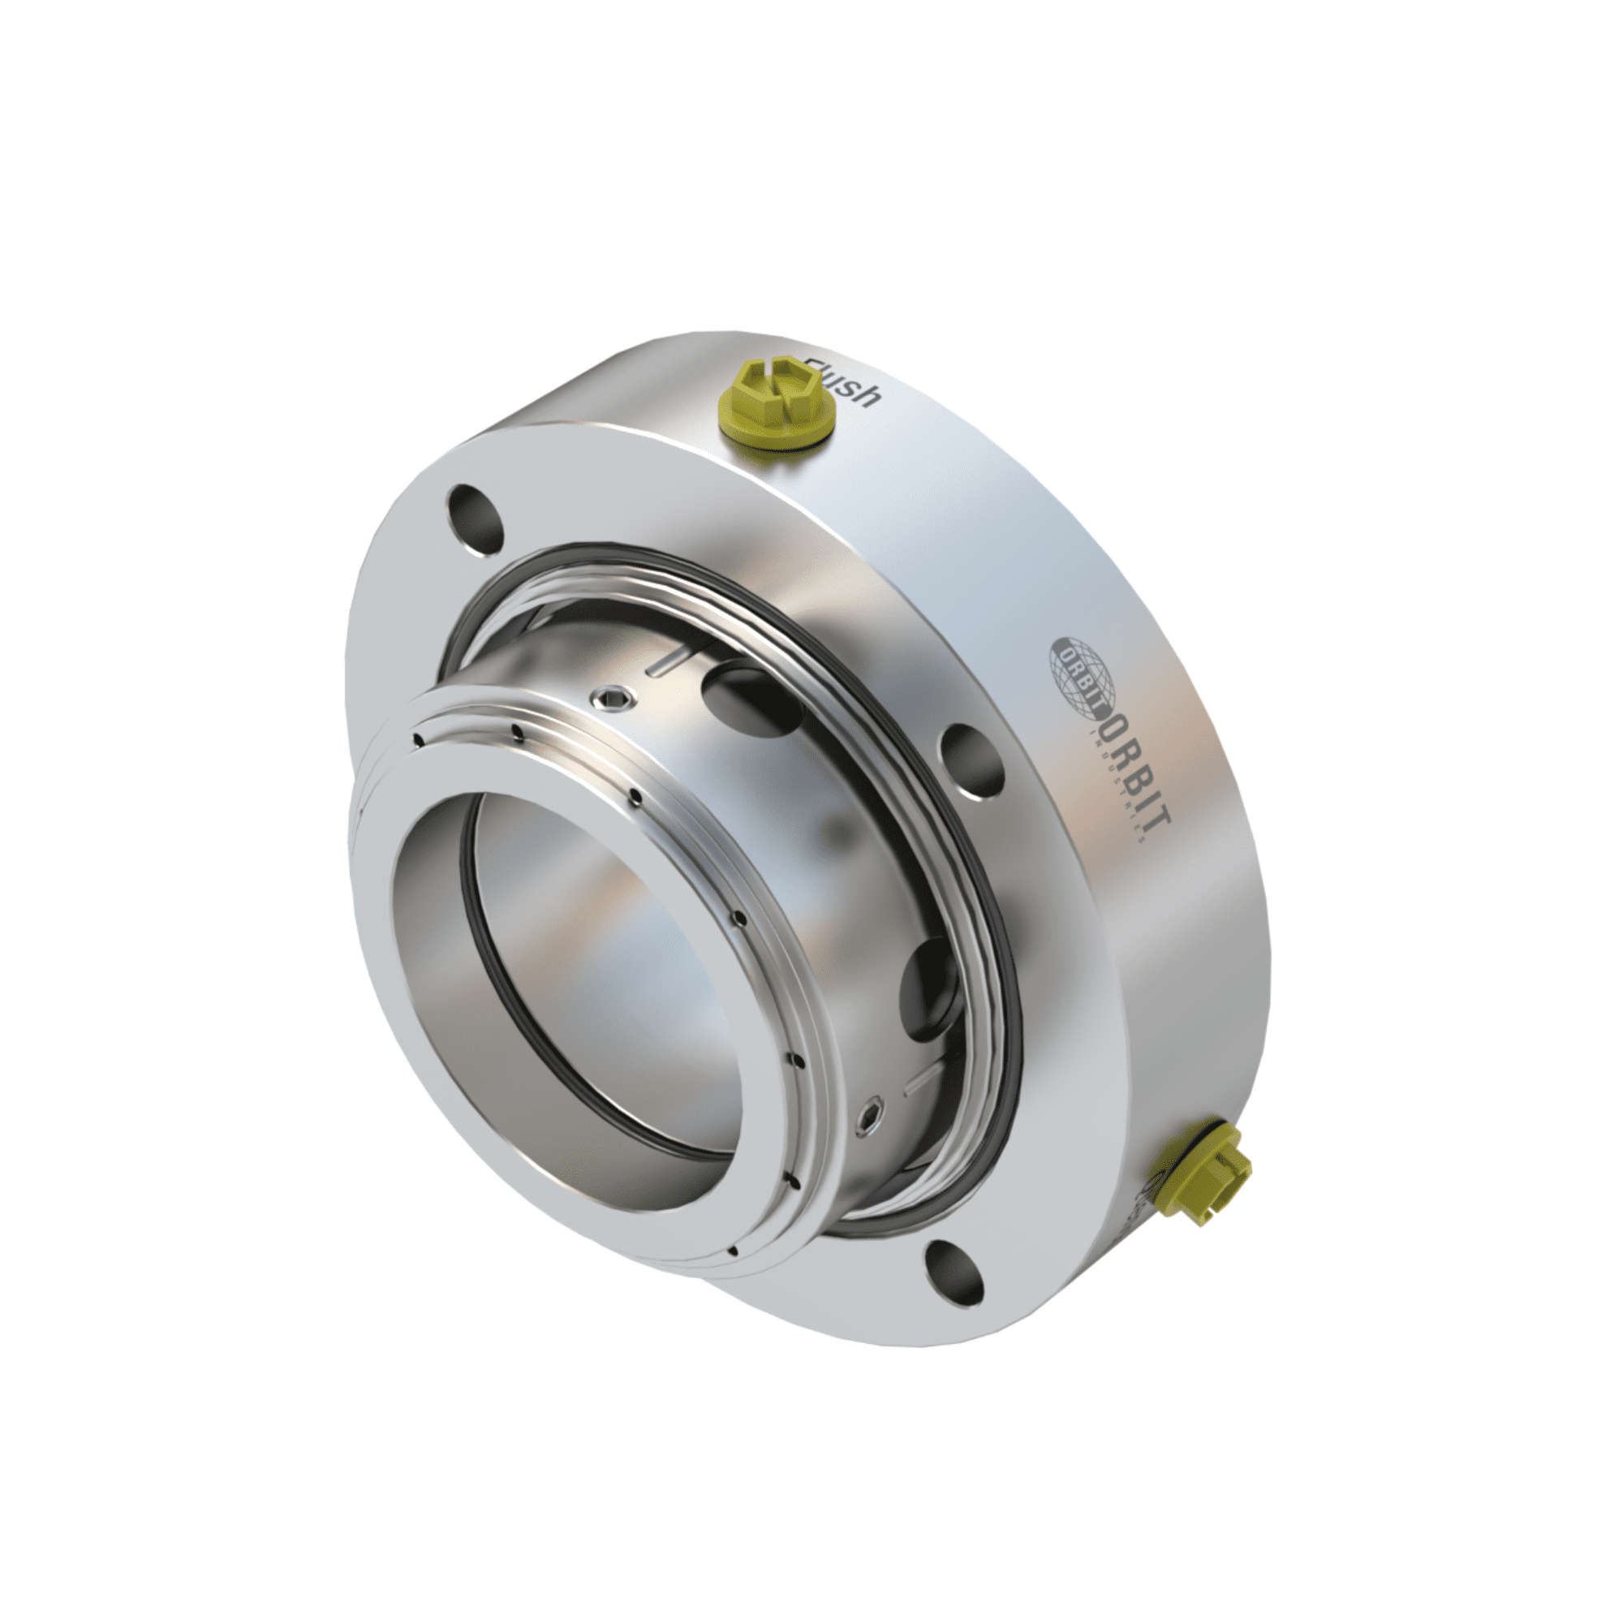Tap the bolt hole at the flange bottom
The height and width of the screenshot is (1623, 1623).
point(955,1294)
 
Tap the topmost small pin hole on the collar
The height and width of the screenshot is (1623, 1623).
point(415,738)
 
